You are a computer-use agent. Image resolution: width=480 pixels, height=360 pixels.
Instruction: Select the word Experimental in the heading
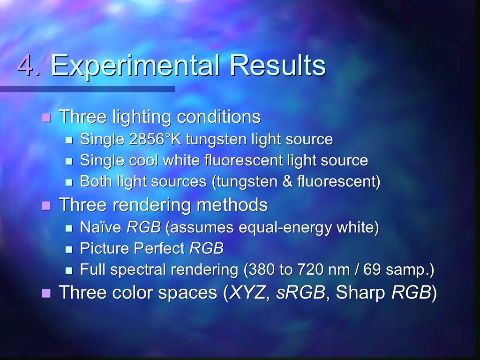click(135, 66)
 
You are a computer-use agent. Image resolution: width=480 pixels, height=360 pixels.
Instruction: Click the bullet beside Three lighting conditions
click(46, 118)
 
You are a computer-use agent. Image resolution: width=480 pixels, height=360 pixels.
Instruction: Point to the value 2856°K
click(155, 139)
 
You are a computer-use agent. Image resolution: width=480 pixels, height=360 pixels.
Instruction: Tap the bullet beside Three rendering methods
click(46, 206)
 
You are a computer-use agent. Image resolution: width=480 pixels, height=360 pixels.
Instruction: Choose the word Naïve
click(100, 227)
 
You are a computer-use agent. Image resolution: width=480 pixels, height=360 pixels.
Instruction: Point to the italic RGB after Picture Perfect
click(206, 248)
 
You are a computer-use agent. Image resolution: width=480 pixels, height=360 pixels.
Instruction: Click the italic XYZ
click(247, 292)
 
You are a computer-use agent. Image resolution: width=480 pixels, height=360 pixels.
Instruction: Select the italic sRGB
click(300, 292)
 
